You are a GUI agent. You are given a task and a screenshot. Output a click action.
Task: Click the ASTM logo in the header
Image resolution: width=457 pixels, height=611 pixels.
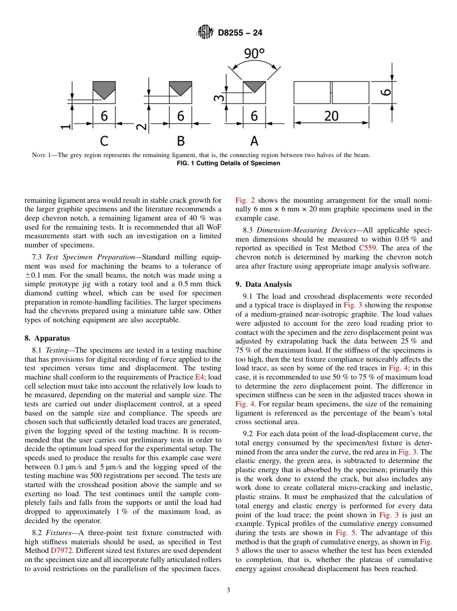[205, 33]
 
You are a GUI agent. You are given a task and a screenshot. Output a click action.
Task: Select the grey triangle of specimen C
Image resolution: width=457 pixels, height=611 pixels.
[104, 87]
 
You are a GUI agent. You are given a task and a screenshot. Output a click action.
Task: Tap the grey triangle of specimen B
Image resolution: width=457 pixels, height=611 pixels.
[180, 87]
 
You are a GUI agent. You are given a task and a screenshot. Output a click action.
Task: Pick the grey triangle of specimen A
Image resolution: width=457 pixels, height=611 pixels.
[254, 86]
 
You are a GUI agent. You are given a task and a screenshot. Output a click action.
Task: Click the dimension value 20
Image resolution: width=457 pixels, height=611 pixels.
[331, 116]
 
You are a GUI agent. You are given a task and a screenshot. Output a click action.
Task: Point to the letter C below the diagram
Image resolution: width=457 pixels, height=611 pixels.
[104, 141]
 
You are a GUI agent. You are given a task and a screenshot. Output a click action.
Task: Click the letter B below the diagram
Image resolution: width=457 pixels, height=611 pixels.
[181, 141]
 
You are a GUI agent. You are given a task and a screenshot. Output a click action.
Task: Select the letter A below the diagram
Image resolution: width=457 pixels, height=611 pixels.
[254, 141]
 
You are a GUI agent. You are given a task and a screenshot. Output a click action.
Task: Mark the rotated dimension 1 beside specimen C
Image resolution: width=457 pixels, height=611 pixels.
[65, 127]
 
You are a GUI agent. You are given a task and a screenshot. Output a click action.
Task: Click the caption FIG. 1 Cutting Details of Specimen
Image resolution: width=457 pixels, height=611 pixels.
[228, 163]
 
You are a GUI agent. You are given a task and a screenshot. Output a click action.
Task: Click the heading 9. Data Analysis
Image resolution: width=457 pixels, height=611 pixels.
[263, 284]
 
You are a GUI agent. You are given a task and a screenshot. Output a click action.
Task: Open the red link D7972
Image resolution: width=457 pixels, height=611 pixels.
[62, 551]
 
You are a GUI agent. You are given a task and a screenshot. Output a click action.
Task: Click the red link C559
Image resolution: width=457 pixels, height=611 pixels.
[368, 248]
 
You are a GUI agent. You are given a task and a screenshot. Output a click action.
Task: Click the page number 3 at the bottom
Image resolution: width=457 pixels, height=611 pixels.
[228, 590]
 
